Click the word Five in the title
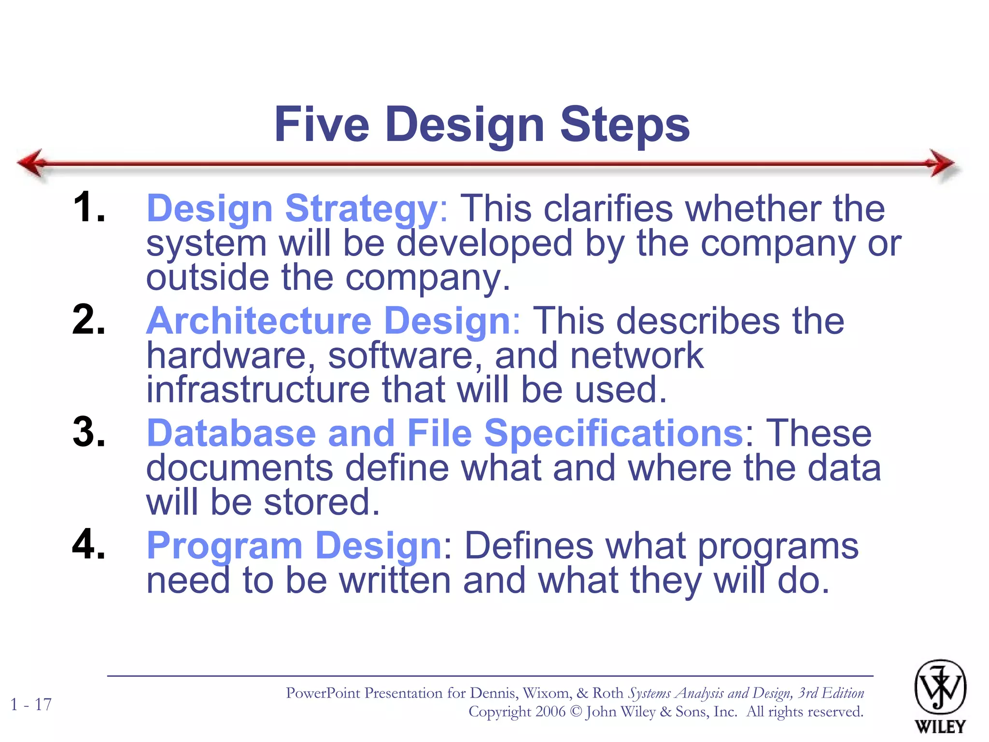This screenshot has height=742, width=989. [322, 124]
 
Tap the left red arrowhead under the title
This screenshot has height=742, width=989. [32, 163]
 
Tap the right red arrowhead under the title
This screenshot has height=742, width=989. [941, 163]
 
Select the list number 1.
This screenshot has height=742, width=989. [89, 207]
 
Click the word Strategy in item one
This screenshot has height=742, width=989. [361, 209]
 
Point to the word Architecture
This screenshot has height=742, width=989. [259, 321]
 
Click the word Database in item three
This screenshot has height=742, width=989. [231, 433]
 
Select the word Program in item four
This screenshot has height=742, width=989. [225, 546]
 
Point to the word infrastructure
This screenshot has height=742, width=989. [258, 389]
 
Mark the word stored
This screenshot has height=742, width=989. [322, 502]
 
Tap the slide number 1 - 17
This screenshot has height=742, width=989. [31, 704]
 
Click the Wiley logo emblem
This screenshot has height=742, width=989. [940, 687]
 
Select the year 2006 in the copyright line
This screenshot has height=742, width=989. [550, 712]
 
